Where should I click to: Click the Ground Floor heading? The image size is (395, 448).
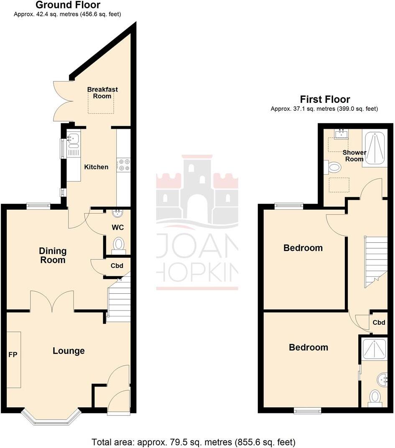(68, 5)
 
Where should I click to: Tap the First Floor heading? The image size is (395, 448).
(325, 99)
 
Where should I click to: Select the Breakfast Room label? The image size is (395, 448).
(102, 93)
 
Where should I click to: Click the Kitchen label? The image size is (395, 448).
(96, 167)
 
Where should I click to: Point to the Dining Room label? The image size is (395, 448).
(53, 255)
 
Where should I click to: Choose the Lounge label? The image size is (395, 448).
(69, 351)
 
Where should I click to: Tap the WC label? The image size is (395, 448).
(118, 228)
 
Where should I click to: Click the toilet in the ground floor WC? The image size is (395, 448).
(119, 244)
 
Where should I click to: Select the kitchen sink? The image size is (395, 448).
(73, 139)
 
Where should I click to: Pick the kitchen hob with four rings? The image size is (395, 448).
(123, 164)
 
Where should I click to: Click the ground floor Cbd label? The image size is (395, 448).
(117, 266)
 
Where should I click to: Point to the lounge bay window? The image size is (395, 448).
(51, 418)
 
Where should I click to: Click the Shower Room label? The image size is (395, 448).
(354, 155)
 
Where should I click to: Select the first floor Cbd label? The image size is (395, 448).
(379, 323)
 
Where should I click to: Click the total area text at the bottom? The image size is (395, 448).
(194, 442)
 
